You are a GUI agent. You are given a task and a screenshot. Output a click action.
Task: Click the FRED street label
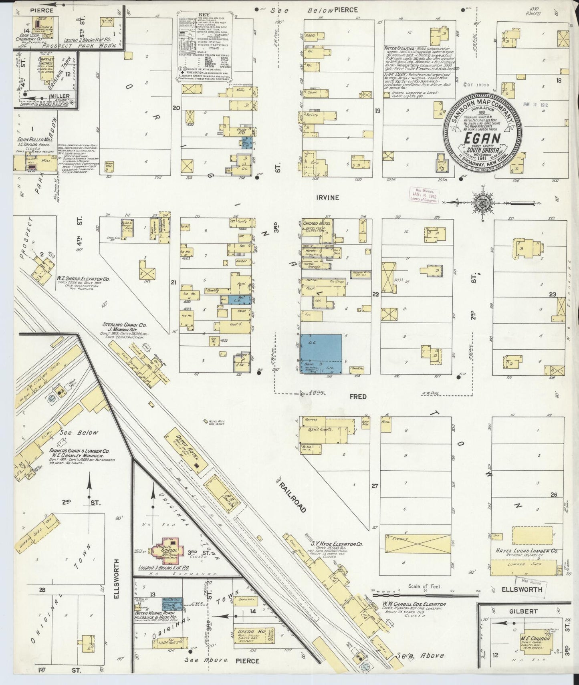tap(357, 397)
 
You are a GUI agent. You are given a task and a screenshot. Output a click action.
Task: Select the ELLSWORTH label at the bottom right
tap(521, 590)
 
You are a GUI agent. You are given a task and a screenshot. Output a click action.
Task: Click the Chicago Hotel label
tap(316, 223)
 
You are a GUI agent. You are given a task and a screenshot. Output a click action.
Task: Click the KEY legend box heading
tap(204, 15)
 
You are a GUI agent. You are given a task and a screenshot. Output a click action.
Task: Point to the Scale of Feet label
tap(424, 586)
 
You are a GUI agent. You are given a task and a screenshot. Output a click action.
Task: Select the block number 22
tap(375, 294)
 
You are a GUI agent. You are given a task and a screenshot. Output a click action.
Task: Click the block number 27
tap(374, 486)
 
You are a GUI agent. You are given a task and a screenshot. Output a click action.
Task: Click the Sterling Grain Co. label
tap(120, 326)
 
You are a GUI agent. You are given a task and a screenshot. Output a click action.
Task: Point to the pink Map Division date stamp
tap(423, 195)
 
